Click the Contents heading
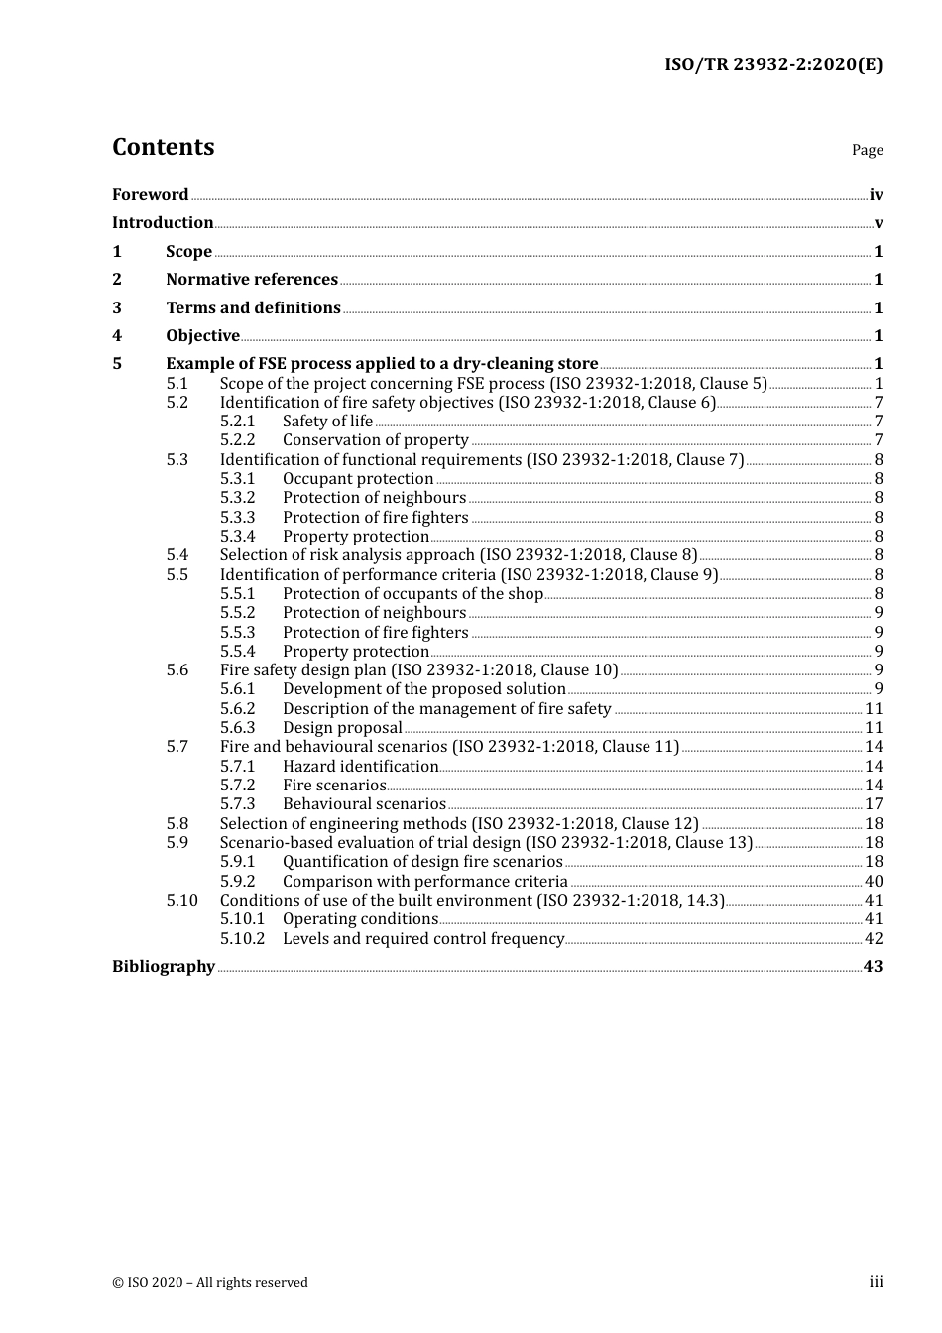(x=163, y=147)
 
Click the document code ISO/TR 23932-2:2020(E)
(x=772, y=64)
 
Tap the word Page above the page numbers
(x=867, y=150)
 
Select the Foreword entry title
(x=150, y=195)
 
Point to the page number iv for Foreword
(x=876, y=195)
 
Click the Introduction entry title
(x=163, y=223)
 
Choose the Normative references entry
(x=252, y=280)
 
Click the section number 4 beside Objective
(x=117, y=336)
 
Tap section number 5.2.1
(x=237, y=422)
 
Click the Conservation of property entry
(x=375, y=440)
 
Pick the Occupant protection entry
(x=358, y=479)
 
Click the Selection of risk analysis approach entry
(x=458, y=555)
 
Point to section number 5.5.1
(x=237, y=594)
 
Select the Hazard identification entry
(x=360, y=767)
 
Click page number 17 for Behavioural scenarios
(x=874, y=804)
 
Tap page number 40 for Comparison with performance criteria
(x=874, y=882)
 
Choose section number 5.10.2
(x=242, y=939)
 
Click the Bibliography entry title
(x=164, y=967)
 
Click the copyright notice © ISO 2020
(x=210, y=1283)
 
